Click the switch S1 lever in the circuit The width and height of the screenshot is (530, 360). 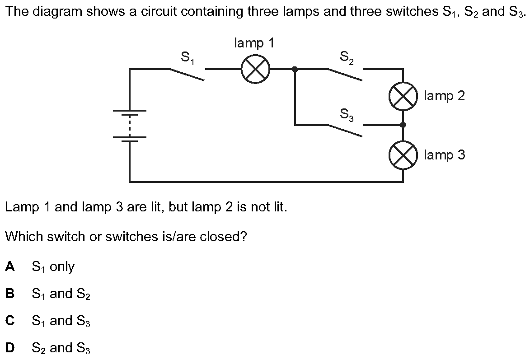[x=187, y=75]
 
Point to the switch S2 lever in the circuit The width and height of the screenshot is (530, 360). [x=345, y=75]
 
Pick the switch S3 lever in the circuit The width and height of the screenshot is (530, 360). [x=345, y=131]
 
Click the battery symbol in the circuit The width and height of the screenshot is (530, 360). [x=130, y=124]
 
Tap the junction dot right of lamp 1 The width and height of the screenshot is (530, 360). [x=295, y=69]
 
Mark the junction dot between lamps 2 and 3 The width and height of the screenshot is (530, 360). [x=403, y=125]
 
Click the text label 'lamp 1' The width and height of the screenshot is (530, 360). [x=254, y=43]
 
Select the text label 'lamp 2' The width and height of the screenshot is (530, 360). [x=445, y=96]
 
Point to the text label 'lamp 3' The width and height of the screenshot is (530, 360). [x=445, y=155]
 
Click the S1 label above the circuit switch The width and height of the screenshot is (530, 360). [x=188, y=57]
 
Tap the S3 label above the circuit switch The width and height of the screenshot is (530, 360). [x=347, y=114]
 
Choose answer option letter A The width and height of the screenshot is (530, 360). [x=10, y=266]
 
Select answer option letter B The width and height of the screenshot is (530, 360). [x=10, y=294]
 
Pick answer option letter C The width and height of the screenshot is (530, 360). [x=10, y=320]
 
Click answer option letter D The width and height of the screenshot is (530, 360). [x=10, y=347]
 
